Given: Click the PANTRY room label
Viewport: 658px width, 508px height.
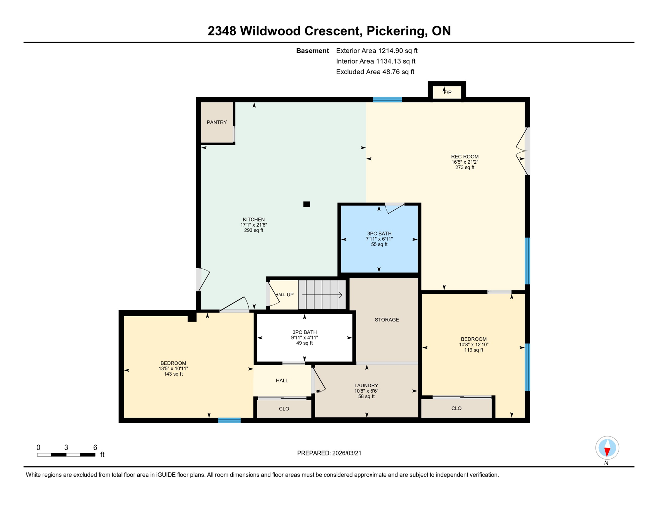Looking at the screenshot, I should (x=217, y=122).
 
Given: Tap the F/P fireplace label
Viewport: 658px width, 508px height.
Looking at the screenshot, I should (x=447, y=93).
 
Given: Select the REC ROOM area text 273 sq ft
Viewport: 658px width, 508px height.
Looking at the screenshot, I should (x=465, y=168).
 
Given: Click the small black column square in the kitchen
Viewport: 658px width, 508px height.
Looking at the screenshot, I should (x=306, y=204).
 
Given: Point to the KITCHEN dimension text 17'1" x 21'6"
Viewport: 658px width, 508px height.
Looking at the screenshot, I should (x=254, y=225).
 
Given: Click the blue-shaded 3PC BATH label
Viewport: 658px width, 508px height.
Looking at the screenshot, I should (x=379, y=233).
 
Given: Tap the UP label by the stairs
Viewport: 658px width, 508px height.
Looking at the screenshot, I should (x=290, y=295).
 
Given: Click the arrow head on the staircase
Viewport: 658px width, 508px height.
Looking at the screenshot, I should (x=340, y=295).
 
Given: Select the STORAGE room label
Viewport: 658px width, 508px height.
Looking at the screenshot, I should (x=387, y=320).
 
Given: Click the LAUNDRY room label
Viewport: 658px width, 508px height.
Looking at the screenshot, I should (x=366, y=385).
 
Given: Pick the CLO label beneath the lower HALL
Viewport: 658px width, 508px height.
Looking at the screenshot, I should (x=284, y=409).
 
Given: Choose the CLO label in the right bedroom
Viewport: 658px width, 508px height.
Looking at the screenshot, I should (x=456, y=408).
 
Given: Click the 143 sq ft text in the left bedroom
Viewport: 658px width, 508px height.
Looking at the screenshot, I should (x=173, y=374).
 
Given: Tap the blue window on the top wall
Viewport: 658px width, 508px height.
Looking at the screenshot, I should (x=387, y=100).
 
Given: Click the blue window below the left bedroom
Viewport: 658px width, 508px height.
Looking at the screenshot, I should (x=229, y=420).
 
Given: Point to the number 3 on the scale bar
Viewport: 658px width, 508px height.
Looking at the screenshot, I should (x=66, y=447).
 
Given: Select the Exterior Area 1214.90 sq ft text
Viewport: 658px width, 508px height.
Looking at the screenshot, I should (x=377, y=51).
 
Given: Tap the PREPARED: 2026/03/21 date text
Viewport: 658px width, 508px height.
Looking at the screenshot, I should (x=329, y=453).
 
